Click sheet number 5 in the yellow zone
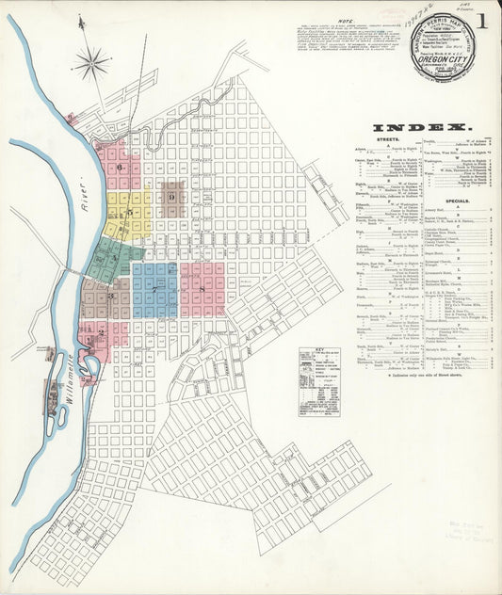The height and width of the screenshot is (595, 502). (130, 212)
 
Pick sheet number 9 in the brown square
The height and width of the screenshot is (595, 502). (171, 197)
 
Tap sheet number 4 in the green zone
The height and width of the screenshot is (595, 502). (116, 257)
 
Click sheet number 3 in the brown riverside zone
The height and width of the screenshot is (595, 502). (110, 297)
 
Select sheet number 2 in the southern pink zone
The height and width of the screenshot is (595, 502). (101, 332)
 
